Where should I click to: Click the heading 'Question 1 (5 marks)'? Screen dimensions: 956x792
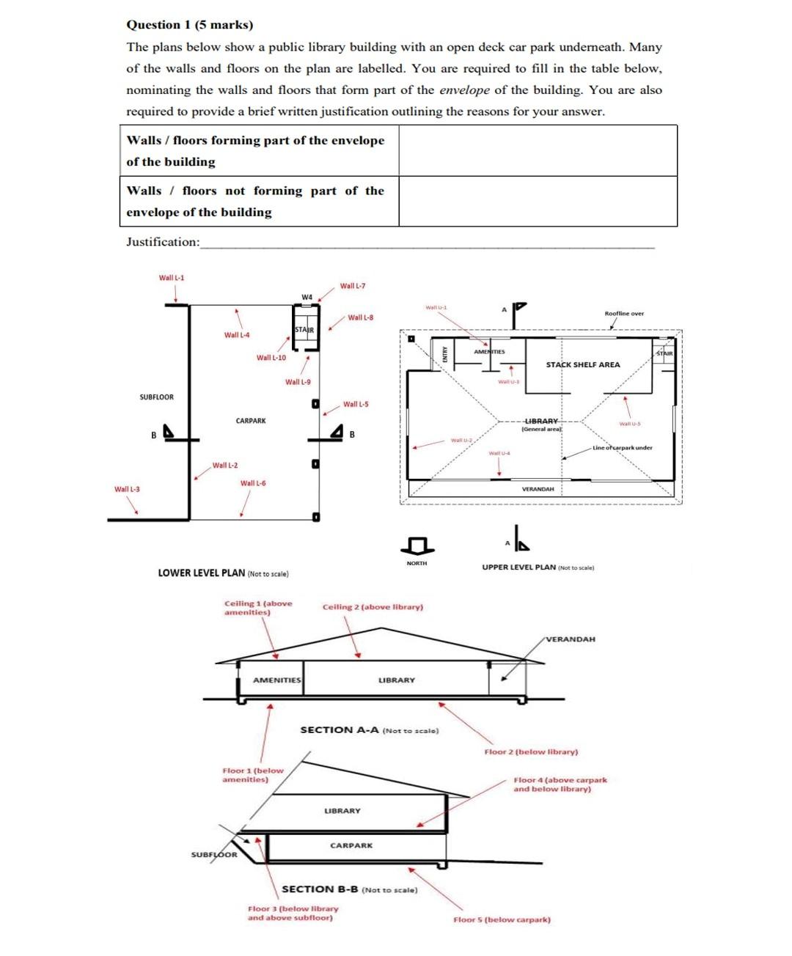(x=189, y=25)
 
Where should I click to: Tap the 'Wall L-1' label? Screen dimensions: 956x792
(x=172, y=278)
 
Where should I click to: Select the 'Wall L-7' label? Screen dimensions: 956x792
(x=353, y=286)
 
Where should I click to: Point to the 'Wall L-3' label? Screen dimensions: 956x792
(x=127, y=489)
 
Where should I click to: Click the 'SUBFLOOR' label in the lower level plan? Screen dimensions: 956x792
(x=157, y=397)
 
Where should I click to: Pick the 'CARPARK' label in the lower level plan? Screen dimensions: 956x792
(x=251, y=421)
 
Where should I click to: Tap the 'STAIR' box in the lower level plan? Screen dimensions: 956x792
(x=304, y=330)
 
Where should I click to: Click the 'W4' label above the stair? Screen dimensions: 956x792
(x=307, y=297)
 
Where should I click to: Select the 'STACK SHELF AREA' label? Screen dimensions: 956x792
(x=582, y=364)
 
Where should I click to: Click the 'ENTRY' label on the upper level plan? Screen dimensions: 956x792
(x=444, y=354)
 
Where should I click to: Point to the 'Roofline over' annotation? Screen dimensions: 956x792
(x=624, y=314)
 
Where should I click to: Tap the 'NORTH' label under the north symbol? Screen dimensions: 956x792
(x=417, y=563)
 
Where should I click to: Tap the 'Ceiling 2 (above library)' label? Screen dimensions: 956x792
(x=373, y=607)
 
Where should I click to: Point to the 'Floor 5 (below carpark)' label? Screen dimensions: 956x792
(x=502, y=919)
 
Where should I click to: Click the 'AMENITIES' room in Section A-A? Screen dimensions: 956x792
(x=276, y=680)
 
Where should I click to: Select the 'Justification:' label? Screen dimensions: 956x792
(x=163, y=242)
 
